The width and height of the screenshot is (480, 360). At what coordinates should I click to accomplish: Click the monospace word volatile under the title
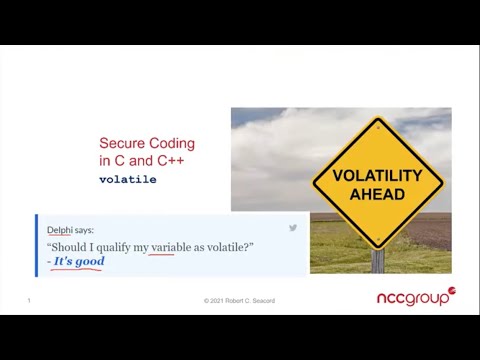pyautogui.click(x=127, y=179)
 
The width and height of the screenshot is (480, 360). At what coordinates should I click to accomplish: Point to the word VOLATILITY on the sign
pyautogui.click(x=377, y=175)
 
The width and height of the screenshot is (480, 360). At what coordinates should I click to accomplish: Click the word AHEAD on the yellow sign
pyautogui.click(x=377, y=193)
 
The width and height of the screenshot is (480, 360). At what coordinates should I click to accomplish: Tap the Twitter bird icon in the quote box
pyautogui.click(x=293, y=228)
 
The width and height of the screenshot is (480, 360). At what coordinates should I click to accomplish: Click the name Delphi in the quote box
pyautogui.click(x=59, y=230)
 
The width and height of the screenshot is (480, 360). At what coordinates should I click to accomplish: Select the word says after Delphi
pyautogui.click(x=84, y=230)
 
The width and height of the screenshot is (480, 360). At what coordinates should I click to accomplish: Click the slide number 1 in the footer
pyautogui.click(x=29, y=300)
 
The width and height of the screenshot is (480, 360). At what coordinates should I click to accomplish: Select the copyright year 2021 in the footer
pyautogui.click(x=221, y=300)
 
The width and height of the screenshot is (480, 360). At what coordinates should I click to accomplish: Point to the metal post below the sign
pyautogui.click(x=377, y=261)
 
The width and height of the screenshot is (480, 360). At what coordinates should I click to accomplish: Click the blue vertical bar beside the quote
pyautogui.click(x=36, y=244)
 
